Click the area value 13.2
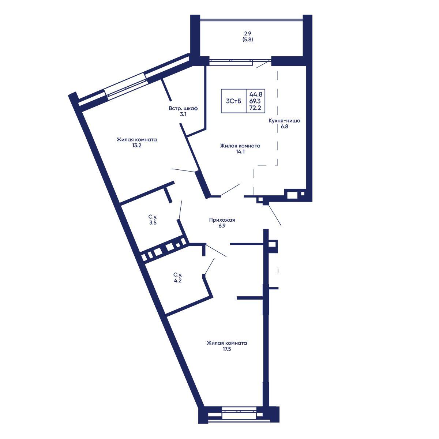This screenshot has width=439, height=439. click(136, 145)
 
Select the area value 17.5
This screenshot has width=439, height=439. click(227, 349)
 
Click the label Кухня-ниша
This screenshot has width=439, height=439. click(284, 121)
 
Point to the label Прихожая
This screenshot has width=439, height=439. click(222, 220)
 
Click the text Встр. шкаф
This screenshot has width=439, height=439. click(183, 108)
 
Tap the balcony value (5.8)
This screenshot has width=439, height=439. click(248, 39)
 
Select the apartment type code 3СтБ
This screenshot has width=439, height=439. click(233, 101)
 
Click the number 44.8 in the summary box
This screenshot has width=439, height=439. click(256, 94)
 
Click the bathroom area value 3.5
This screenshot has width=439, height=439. click(153, 222)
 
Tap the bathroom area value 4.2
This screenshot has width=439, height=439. click(178, 281)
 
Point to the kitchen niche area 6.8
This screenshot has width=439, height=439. click(284, 127)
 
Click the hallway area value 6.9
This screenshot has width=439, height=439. click(222, 226)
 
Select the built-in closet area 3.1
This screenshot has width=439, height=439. click(183, 115)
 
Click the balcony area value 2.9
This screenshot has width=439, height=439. click(248, 34)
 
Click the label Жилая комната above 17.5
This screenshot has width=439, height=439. click(227, 343)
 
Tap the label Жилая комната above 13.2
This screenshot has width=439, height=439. click(136, 139)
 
